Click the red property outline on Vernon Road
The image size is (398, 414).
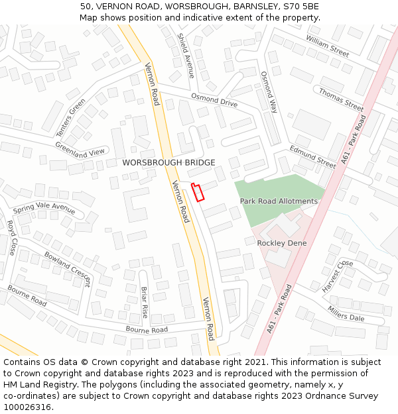tap(198, 191)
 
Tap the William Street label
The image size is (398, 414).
tap(327, 46)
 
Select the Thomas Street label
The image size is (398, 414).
tap(341, 99)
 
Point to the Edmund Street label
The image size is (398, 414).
tap(313, 156)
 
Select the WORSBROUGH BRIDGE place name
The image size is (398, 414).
tap(168, 162)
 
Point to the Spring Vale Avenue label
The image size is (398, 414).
tap(44, 208)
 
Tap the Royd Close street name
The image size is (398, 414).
tap(11, 238)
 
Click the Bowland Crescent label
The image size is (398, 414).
tap(68, 268)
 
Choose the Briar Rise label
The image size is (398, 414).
tap(145, 302)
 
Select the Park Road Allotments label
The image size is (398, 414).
tap(279, 201)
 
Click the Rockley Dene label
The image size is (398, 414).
tap(282, 243)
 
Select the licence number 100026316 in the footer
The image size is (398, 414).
tap(28, 407)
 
